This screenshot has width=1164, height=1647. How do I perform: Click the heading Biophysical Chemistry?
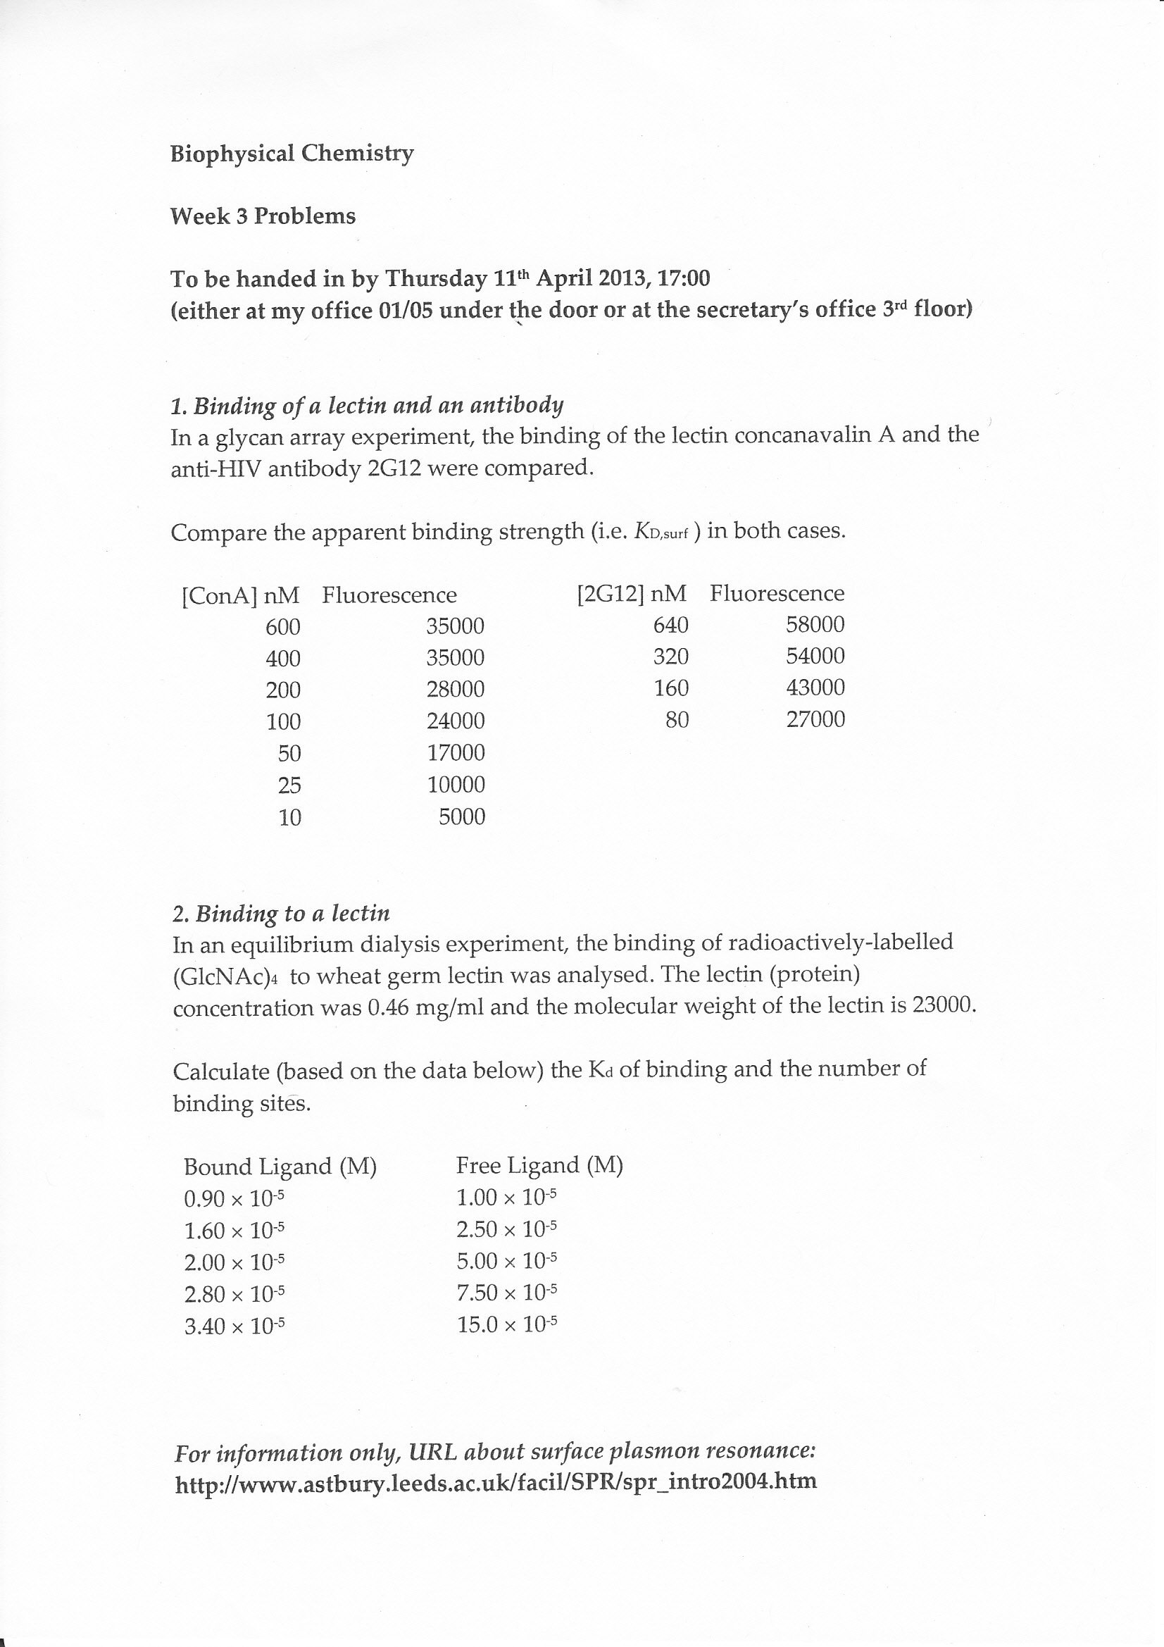coord(292,154)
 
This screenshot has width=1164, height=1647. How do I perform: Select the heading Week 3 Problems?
coord(263,216)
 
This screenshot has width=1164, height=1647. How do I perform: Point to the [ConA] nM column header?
coord(239,595)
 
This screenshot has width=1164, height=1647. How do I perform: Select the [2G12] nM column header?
coord(631,593)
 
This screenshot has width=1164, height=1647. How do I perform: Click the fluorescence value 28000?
coord(456,690)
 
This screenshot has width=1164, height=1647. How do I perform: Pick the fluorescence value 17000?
coord(456,752)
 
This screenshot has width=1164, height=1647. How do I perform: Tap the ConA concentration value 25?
coord(289,785)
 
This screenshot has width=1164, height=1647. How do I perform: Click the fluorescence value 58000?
coord(815,625)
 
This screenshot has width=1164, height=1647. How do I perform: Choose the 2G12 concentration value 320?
coord(670,657)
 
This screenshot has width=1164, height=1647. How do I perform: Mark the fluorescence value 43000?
coord(815,688)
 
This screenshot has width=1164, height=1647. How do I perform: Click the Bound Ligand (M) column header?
coord(280,1167)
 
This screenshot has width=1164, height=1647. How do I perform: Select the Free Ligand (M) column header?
coord(539,1165)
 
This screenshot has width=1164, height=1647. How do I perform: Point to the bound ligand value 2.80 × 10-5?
coord(234,1294)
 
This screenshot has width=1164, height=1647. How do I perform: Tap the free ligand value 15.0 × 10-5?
coord(507,1324)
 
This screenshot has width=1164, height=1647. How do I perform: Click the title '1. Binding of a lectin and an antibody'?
coord(367,406)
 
